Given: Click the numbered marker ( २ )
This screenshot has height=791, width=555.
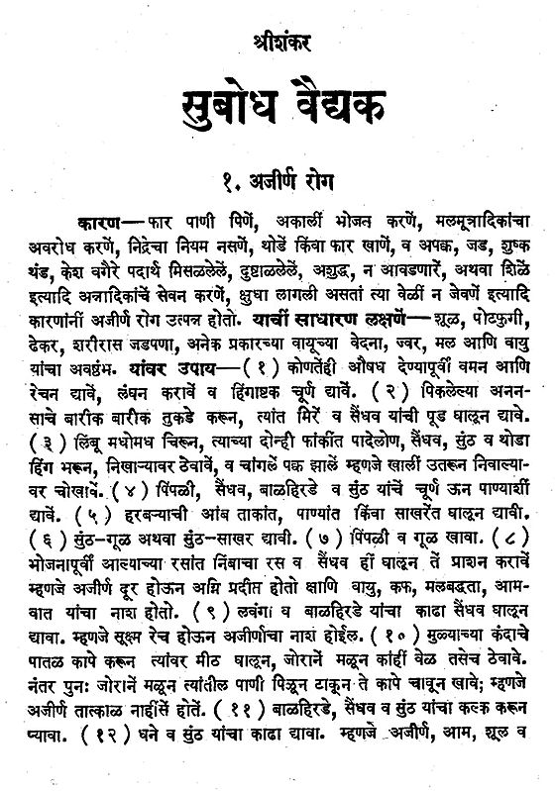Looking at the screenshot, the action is click(385, 389).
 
